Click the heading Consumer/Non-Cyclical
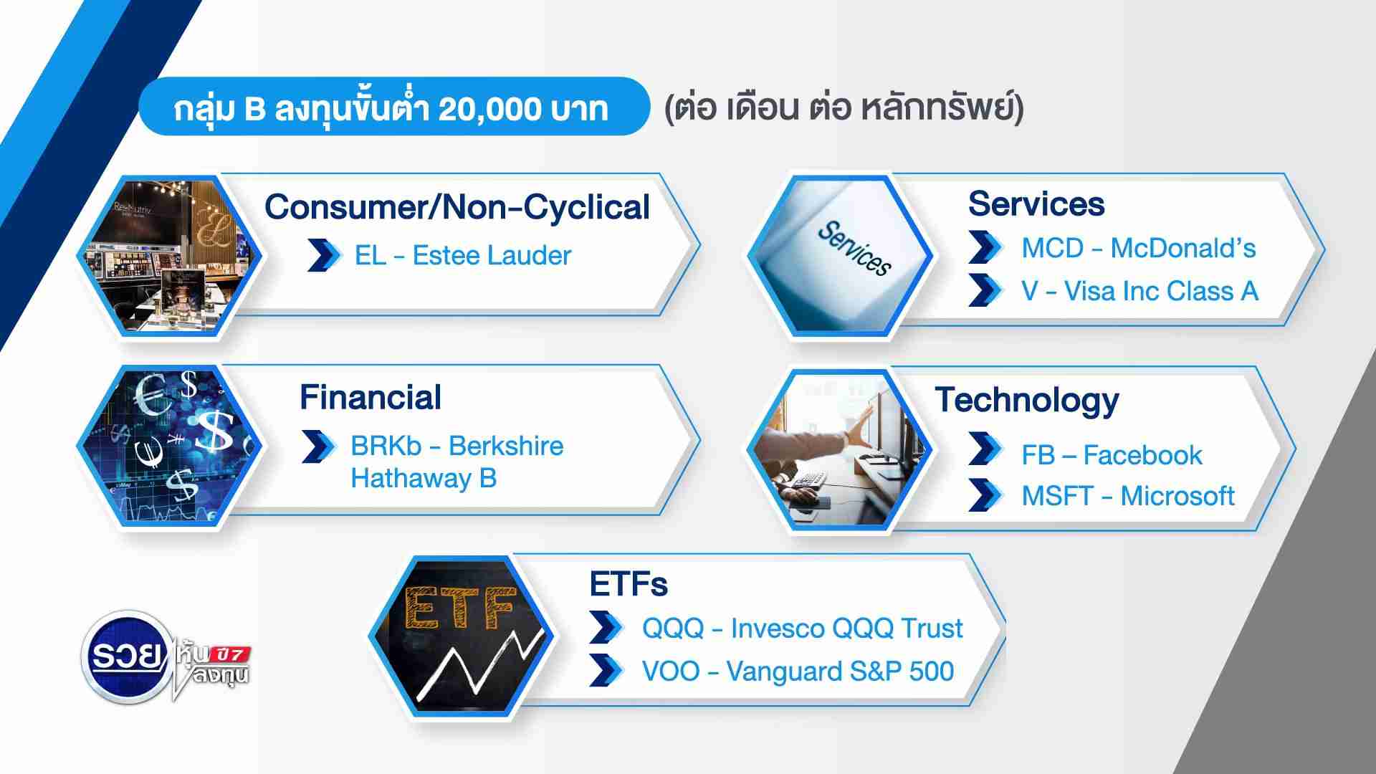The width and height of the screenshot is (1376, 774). click(x=457, y=207)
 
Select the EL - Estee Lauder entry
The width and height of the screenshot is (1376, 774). click(x=463, y=255)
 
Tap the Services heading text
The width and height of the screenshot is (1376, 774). click(x=1036, y=204)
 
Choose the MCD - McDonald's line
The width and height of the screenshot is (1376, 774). click(x=1139, y=248)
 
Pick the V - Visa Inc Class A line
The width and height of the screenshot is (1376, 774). click(x=1140, y=291)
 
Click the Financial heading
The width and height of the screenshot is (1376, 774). click(x=371, y=397)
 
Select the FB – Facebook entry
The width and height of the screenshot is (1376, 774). click(x=1112, y=455)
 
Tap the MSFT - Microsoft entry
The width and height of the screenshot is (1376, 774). click(x=1128, y=496)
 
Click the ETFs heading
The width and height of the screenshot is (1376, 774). click(x=629, y=584)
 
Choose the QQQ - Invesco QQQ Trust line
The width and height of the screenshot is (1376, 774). click(x=803, y=629)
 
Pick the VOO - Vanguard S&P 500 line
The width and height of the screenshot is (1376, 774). click(x=798, y=672)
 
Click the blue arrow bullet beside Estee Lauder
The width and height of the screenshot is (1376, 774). click(x=325, y=256)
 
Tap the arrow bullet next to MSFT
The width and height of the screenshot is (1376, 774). click(x=985, y=496)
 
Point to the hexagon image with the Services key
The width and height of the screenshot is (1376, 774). click(x=840, y=255)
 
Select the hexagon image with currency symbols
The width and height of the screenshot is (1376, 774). click(x=170, y=446)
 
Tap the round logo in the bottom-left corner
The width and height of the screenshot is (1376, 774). click(x=126, y=656)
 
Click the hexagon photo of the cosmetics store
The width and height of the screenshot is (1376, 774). click(x=170, y=255)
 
